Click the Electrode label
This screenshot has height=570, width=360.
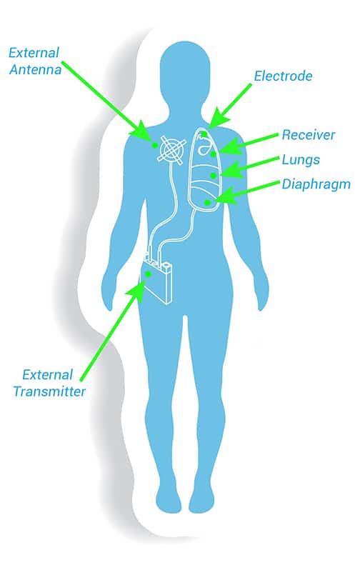283,76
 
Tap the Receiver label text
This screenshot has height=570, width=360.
309,135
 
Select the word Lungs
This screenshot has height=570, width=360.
301,159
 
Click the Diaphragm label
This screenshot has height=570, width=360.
316,184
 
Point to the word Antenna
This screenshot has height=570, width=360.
35,69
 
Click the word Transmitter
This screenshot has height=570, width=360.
49,391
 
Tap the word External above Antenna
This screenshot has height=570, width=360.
34,53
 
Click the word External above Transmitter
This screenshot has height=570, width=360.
48,375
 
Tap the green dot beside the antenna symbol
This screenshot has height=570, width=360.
154,145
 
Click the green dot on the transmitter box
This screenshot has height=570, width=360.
148,274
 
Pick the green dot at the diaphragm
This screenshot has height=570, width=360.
207,202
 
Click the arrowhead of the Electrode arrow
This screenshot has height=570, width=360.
218,117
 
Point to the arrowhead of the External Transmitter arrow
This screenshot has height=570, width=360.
137,290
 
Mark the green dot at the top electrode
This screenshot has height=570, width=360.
204,134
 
